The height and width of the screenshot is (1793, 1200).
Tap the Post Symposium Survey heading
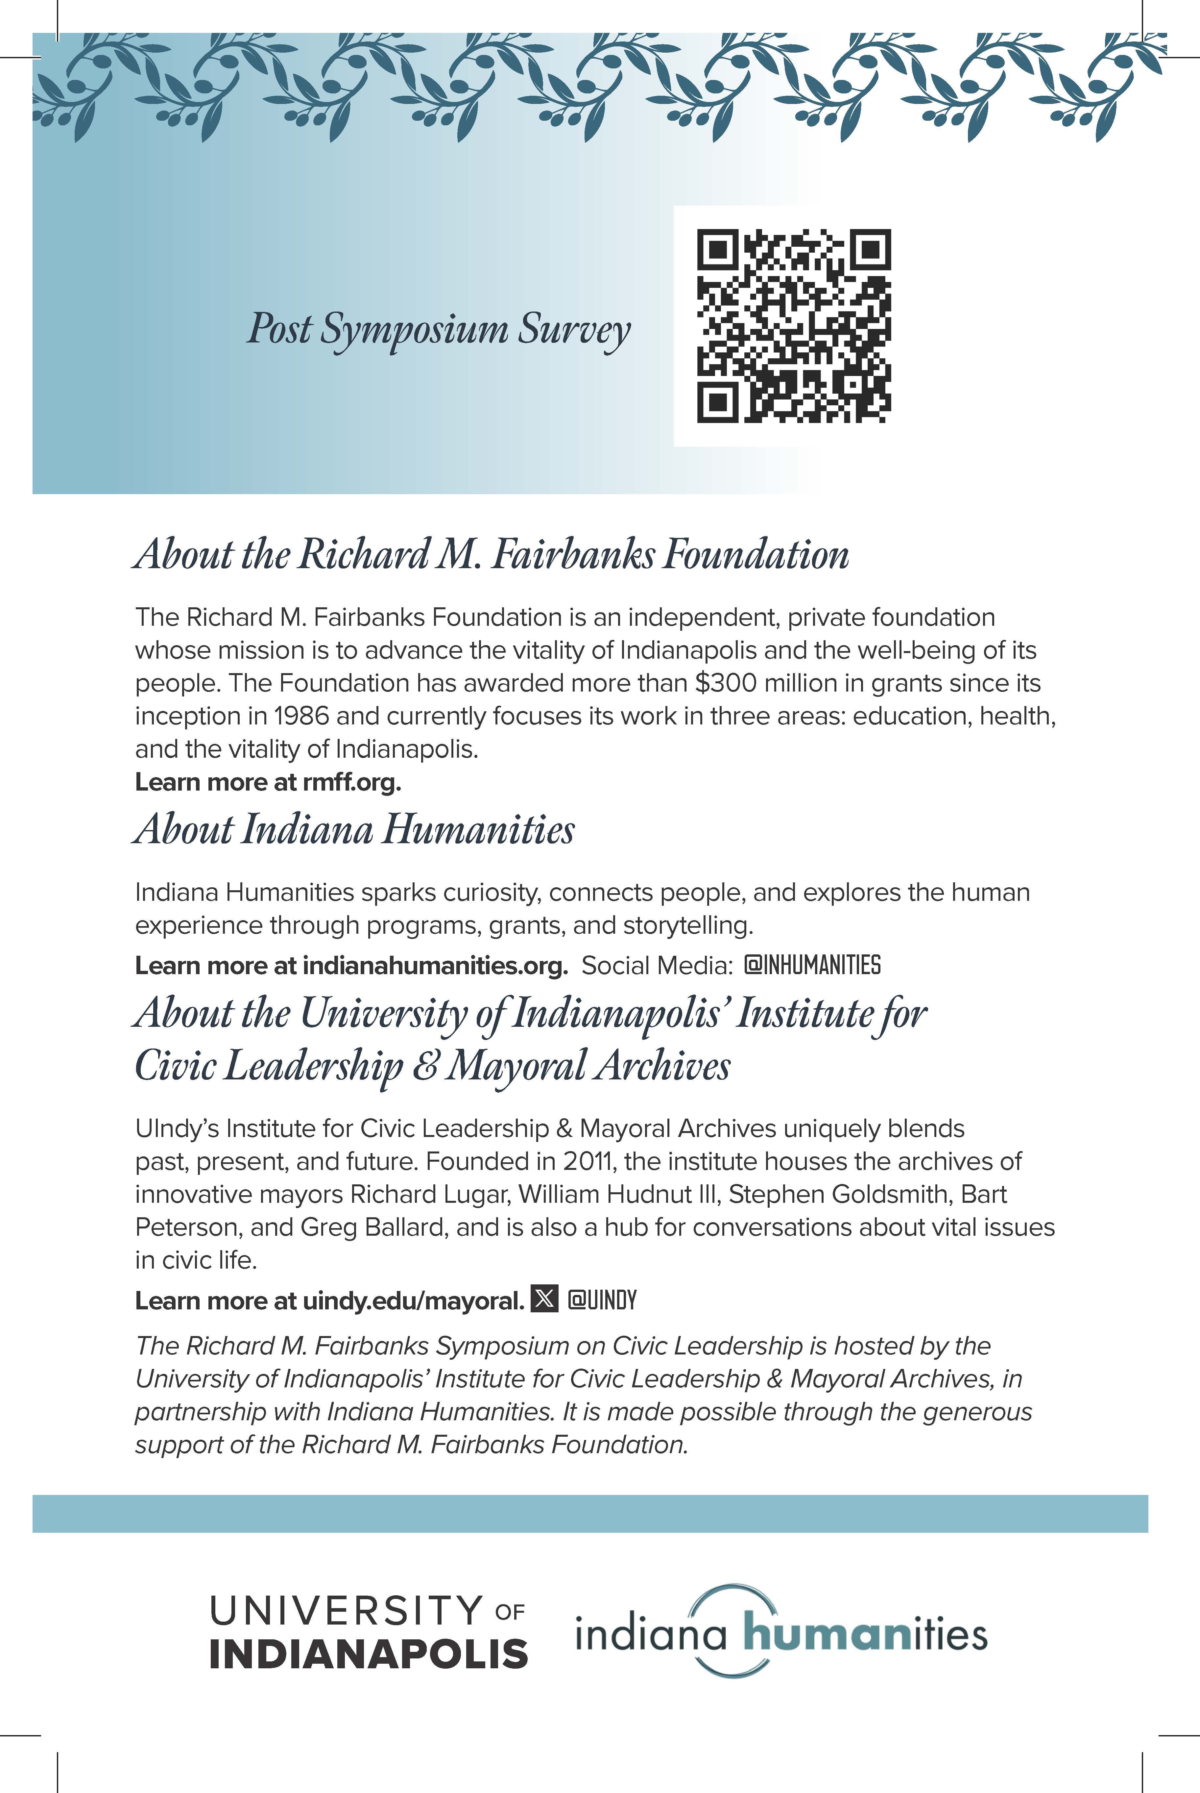point(438,329)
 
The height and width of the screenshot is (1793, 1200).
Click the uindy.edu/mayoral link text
point(414,1301)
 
